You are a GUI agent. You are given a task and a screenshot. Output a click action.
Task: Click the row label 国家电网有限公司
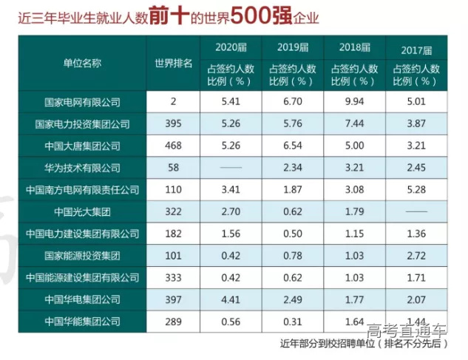pyautogui.click(x=82, y=101)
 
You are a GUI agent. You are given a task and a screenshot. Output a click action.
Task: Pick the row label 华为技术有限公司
pyautogui.click(x=82, y=168)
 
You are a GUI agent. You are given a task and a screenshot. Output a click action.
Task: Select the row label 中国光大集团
pyautogui.click(x=82, y=212)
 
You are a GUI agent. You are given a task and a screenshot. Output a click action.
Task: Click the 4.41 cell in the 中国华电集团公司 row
pyautogui.click(x=230, y=299)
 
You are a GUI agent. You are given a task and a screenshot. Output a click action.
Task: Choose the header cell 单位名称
pyautogui.click(x=82, y=65)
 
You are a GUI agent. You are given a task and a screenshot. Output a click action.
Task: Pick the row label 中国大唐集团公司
pyautogui.click(x=82, y=146)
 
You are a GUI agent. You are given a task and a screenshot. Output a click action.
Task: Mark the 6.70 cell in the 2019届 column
pyautogui.click(x=292, y=101)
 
